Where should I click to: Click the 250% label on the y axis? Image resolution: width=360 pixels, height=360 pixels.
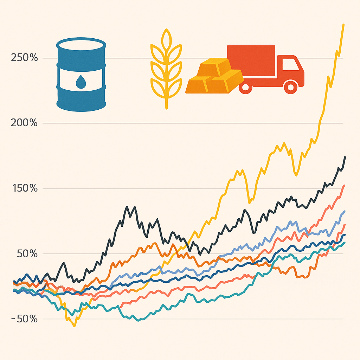tap(24, 58)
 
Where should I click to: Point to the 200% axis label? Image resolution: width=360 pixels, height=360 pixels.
tap(24, 123)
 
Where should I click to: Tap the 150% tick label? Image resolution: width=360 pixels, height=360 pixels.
tap(24, 188)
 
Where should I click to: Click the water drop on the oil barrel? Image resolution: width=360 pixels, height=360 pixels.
tap(81, 82)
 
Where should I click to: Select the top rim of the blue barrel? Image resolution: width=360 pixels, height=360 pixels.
tap(81, 45)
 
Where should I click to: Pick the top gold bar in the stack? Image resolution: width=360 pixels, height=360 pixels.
tap(214, 67)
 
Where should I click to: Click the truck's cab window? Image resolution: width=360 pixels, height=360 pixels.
tap(289, 65)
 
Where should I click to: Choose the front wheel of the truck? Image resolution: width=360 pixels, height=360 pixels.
tap(291, 86)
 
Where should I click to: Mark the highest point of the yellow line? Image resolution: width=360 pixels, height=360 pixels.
tap(343, 24)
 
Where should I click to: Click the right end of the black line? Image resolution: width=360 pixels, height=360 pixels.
tap(345, 157)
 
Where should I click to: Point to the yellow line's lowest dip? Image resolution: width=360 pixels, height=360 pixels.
tap(74, 326)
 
